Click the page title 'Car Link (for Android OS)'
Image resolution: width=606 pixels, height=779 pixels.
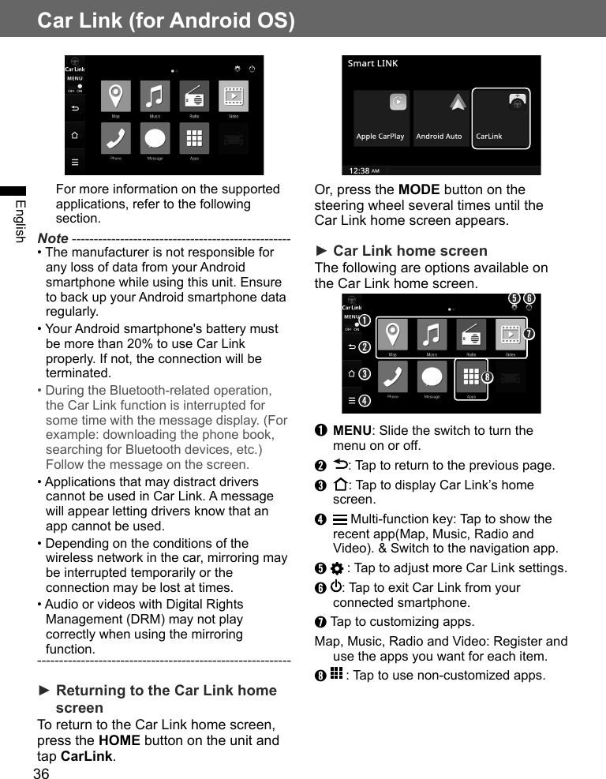[x=166, y=21]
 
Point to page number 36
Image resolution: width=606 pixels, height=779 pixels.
[x=41, y=773]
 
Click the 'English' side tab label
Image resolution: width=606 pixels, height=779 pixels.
[x=20, y=221]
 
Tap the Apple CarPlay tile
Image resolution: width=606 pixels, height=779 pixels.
[x=380, y=118]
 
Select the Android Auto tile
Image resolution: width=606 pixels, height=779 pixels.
[x=440, y=118]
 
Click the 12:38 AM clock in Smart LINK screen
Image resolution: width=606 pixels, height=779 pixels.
[x=364, y=170]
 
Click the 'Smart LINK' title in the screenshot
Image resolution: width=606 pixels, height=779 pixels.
[x=373, y=63]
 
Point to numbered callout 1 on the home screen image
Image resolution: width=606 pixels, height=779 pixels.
[x=365, y=320]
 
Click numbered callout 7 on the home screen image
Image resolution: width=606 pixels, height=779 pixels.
[x=529, y=333]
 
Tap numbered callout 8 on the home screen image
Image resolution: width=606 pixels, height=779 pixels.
[x=488, y=377]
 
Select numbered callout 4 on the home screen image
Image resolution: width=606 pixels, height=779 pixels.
[x=364, y=400]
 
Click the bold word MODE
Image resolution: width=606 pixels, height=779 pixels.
[x=419, y=189]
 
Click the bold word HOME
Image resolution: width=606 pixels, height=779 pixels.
[x=119, y=740]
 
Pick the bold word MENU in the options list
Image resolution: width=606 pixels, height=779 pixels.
[x=352, y=431]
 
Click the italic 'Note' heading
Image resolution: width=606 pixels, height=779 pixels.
[x=53, y=238]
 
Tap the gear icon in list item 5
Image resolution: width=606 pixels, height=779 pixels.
[x=337, y=569]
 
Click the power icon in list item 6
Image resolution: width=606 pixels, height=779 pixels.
[x=337, y=588]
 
